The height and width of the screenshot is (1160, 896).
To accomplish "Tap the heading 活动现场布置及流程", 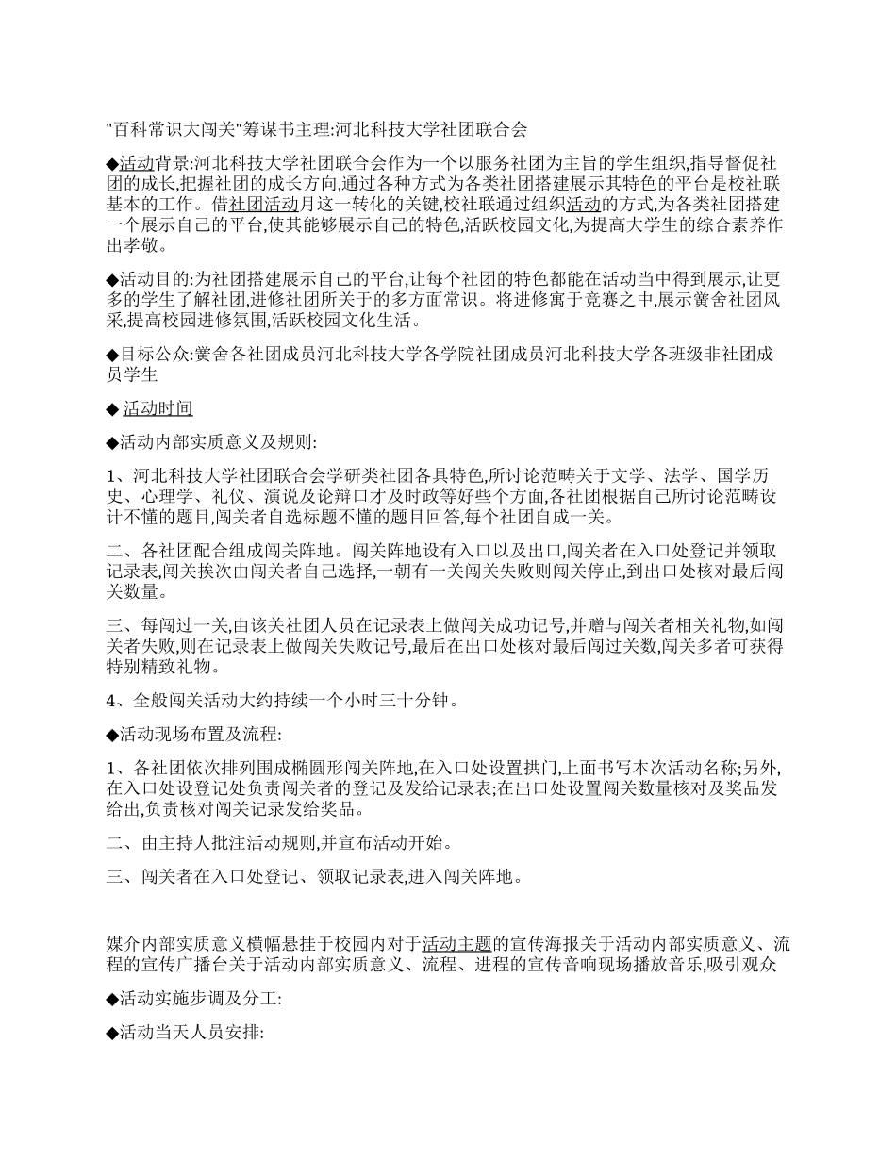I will (193, 733).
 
